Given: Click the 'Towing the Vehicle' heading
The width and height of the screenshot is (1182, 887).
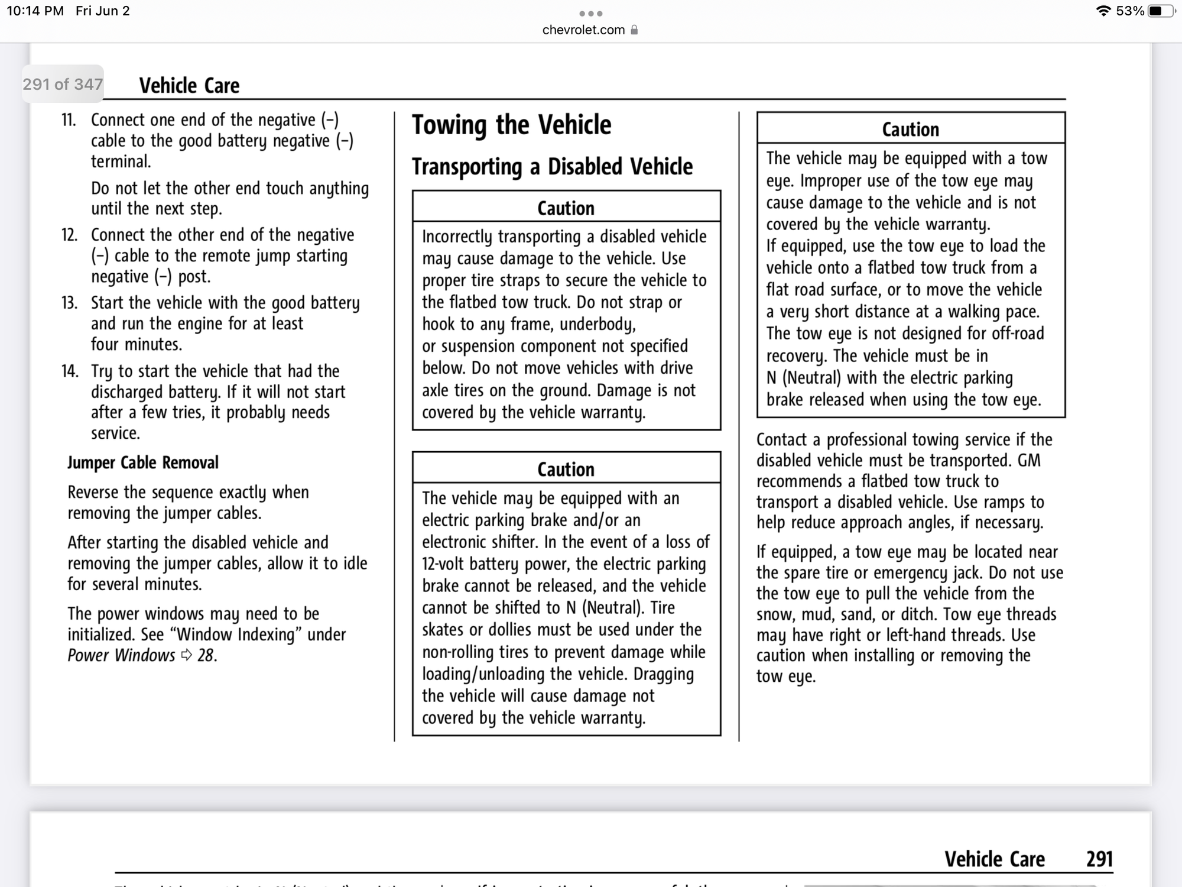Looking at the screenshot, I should pos(511,125).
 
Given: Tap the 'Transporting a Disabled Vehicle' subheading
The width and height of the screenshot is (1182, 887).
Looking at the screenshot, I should pos(552,167).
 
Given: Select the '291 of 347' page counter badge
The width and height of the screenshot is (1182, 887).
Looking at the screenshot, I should pos(63,85).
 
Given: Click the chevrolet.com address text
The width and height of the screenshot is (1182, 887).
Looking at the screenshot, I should pos(583,30).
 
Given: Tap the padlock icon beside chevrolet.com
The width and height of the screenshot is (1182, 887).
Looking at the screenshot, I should pos(634,30).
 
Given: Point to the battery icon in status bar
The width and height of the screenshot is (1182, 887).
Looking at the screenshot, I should pos(1160,11).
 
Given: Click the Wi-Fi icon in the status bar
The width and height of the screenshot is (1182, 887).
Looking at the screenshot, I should pos(1103,11).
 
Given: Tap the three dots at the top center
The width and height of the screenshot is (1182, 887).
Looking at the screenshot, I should pos(590,14).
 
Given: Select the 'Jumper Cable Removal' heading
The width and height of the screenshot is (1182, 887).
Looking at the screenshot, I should pos(143,462).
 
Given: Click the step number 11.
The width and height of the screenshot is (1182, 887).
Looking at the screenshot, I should pos(69,120).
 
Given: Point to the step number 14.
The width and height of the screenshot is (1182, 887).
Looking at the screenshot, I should pos(70,371).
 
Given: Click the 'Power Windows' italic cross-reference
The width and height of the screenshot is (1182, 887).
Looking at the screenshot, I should pos(121,655).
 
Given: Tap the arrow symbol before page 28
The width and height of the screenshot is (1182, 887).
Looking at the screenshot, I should pos(187,655).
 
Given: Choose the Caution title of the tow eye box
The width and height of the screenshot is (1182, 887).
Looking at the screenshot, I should pos(910,130).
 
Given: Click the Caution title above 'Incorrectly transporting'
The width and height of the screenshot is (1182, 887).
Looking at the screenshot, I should pos(566,208).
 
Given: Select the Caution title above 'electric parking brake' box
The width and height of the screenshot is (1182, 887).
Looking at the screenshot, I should pos(566,470).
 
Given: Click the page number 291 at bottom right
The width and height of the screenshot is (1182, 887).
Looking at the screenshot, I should pos(1099,859).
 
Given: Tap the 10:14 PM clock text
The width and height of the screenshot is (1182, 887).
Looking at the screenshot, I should pos(35,11).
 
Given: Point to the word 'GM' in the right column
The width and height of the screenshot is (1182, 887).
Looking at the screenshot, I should pos(1029,461).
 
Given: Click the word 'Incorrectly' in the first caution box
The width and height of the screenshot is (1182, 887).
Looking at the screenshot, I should pos(457,237).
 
